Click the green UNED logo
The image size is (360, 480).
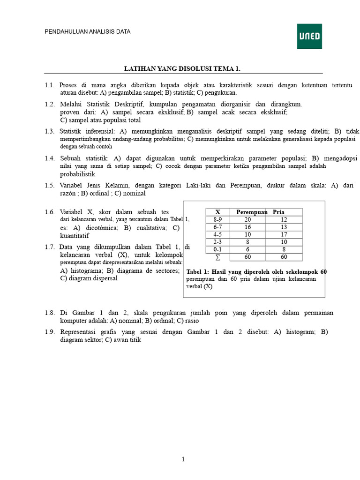click(x=309, y=36)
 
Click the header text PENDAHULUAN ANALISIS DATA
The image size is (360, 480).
click(x=87, y=32)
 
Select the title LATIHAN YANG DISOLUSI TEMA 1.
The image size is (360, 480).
click(x=182, y=69)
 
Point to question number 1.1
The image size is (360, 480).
click(x=50, y=85)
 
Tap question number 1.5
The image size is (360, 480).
click(x=50, y=185)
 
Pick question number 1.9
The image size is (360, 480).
click(x=50, y=332)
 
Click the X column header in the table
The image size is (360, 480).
click(x=217, y=212)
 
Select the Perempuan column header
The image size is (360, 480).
click(x=251, y=212)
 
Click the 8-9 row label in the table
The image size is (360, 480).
click(x=217, y=219)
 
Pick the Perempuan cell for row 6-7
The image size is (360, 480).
click(x=247, y=227)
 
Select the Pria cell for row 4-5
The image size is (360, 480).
click(x=284, y=234)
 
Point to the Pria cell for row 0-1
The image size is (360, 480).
click(x=284, y=249)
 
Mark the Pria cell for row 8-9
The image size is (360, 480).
click(x=284, y=219)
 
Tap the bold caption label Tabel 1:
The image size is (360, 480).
click(x=199, y=272)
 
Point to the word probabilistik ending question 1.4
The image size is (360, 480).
click(x=77, y=174)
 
